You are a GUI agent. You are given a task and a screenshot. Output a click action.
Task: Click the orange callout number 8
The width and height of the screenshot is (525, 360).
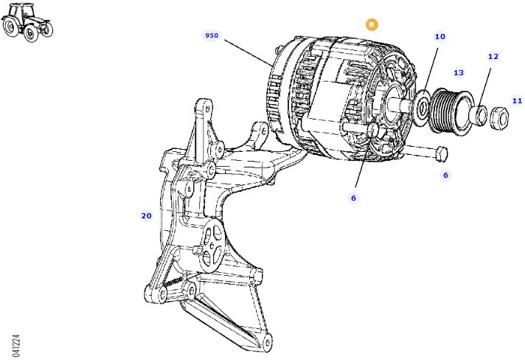[372, 24]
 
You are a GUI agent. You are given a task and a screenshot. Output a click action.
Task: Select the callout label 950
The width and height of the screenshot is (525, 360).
[212, 35]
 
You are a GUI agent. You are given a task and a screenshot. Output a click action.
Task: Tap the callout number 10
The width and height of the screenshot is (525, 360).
[439, 36]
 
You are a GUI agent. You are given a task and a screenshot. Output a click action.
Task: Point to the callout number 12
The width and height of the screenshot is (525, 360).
[493, 56]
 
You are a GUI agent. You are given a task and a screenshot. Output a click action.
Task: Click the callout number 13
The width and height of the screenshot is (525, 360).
[459, 72]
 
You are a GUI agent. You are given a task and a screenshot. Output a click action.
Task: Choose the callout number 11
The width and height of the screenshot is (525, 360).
[517, 100]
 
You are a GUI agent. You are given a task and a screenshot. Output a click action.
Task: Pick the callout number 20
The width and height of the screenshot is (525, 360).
[146, 215]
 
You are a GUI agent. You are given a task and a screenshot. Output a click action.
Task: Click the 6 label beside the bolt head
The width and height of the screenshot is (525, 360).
[445, 175]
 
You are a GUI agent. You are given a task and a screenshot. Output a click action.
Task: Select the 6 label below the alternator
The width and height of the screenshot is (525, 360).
[353, 198]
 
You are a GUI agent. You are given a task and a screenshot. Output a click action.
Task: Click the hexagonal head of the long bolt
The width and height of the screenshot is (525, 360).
[441, 154]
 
